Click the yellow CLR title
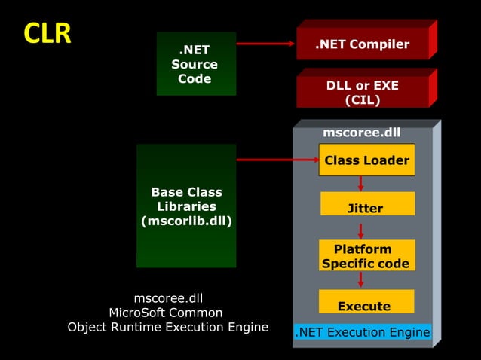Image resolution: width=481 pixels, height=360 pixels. [47, 33]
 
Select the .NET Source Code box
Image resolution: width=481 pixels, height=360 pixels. [195, 64]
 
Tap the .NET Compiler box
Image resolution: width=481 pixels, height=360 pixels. [362, 44]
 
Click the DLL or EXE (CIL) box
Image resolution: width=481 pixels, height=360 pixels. [362, 93]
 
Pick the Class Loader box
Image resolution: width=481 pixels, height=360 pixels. [366, 160]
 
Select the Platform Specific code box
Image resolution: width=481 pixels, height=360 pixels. [366, 256]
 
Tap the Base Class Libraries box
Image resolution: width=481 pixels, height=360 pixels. [186, 206]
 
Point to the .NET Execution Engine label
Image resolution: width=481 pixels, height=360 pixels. [362, 332]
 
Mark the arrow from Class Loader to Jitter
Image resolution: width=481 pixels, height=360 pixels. [361, 184]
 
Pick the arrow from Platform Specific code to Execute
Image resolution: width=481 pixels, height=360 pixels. [361, 279]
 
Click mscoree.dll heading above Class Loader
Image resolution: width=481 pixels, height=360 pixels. [361, 133]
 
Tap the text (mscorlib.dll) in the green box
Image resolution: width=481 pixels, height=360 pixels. [186, 221]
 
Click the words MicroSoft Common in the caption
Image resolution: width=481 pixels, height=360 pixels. [166, 313]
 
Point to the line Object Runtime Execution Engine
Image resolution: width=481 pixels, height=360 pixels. [167, 327]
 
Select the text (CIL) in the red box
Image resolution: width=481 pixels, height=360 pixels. [362, 100]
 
